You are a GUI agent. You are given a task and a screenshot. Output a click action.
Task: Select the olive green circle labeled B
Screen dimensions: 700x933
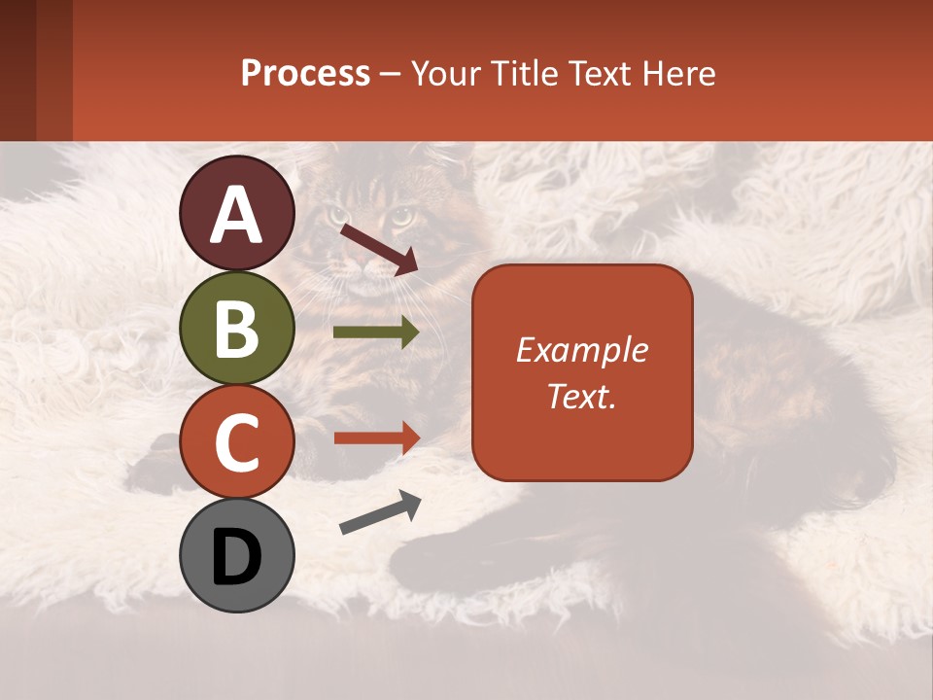click(x=236, y=328)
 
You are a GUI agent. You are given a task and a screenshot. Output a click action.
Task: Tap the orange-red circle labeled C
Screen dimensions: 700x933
click(x=236, y=442)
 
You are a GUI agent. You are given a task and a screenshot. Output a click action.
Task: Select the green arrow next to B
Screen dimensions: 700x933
click(x=376, y=332)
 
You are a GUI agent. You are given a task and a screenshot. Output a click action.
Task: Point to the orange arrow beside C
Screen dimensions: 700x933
click(x=376, y=437)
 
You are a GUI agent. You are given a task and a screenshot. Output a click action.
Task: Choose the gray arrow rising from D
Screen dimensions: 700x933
click(x=380, y=514)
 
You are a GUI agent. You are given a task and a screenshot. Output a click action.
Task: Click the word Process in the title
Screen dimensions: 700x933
click(x=305, y=73)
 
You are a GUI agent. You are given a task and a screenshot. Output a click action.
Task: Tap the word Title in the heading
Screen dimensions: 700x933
click(x=518, y=73)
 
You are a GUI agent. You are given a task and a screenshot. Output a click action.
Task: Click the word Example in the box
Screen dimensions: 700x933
click(x=581, y=350)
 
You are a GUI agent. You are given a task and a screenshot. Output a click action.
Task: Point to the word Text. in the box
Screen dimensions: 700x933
click(x=581, y=396)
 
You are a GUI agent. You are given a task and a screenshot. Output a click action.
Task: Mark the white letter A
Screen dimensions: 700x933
click(x=236, y=216)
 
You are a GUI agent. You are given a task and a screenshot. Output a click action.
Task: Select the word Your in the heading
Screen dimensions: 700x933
click(x=444, y=73)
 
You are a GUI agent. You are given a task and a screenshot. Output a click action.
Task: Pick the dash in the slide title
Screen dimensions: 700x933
click(x=391, y=74)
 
